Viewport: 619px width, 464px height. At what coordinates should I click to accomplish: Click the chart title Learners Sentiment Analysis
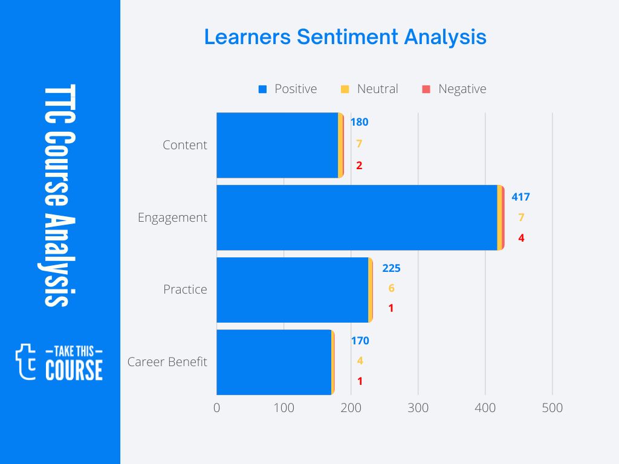[x=345, y=37]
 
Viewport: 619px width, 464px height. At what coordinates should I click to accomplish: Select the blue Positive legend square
[x=262, y=89]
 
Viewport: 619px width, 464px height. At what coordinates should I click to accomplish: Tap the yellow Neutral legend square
[x=345, y=89]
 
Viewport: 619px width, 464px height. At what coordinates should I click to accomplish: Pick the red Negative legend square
[x=426, y=89]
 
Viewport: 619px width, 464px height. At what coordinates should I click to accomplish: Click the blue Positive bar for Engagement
[x=357, y=217]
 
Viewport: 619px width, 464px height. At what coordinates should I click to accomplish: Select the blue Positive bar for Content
[x=277, y=145]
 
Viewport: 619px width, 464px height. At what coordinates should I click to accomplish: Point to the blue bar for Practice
[x=292, y=290]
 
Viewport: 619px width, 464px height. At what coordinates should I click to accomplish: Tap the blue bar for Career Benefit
[x=274, y=362]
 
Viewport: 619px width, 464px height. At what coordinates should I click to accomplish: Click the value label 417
[x=520, y=197]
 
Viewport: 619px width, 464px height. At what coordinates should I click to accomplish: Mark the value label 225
[x=391, y=268]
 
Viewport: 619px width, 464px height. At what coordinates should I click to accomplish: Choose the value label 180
[x=359, y=122]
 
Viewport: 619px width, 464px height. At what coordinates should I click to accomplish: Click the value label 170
[x=360, y=341]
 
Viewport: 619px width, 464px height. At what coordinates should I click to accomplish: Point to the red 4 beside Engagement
[x=521, y=238]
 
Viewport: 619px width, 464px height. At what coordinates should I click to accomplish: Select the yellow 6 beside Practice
[x=391, y=288]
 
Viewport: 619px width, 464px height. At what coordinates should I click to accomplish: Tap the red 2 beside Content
[x=359, y=166]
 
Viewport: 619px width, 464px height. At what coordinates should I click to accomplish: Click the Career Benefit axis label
[x=167, y=362]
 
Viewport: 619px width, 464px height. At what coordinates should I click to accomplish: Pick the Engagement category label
[x=172, y=217]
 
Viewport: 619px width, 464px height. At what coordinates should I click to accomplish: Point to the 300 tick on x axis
[x=418, y=408]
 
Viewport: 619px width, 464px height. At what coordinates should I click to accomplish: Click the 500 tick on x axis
[x=552, y=408]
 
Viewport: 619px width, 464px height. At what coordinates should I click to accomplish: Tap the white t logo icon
[x=25, y=361]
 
